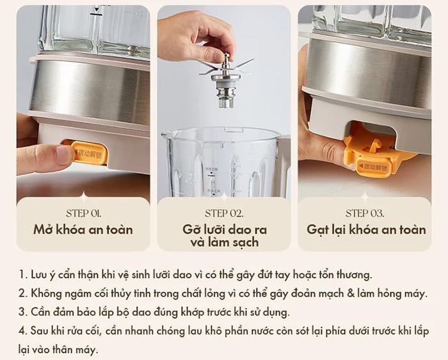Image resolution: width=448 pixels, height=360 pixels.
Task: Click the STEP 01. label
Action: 83,213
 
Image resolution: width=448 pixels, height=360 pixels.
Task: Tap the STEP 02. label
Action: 224,213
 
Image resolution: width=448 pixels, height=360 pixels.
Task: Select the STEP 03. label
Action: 365,213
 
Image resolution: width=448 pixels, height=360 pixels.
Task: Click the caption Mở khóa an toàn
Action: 83,229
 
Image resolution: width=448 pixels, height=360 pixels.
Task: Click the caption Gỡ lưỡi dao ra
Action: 224,229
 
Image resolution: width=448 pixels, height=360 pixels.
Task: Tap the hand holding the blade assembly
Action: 192,35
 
